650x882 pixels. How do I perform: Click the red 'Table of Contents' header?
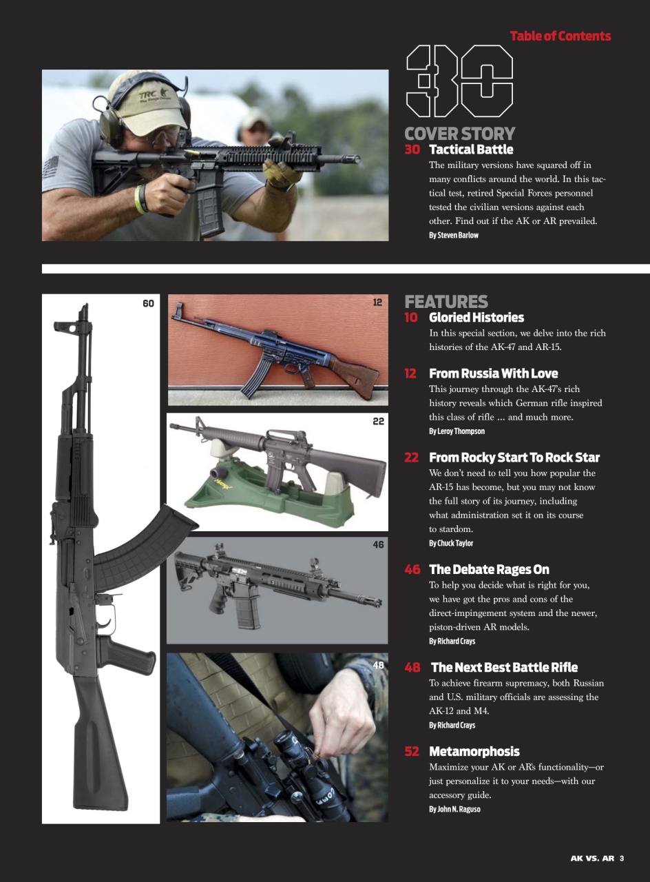(560, 37)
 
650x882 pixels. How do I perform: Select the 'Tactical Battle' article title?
(471, 150)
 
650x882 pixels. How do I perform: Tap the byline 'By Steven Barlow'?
(453, 235)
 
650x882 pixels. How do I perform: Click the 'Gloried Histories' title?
(476, 318)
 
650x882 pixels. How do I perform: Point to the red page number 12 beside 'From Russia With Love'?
(411, 373)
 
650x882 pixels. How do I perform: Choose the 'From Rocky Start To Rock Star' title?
(514, 458)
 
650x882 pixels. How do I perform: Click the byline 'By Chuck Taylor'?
(450, 543)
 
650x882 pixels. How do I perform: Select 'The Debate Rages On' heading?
(489, 570)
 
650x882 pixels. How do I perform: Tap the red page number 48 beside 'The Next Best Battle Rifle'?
(412, 668)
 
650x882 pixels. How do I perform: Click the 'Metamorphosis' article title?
(474, 752)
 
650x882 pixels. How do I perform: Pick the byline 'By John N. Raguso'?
(454, 809)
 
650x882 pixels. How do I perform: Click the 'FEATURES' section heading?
(446, 302)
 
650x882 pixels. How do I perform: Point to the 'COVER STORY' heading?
(459, 134)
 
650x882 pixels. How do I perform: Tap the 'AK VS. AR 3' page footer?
(596, 859)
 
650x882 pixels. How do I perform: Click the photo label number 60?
(148, 303)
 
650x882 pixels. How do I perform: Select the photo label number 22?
(378, 421)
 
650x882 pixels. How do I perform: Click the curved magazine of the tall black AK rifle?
(138, 544)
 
